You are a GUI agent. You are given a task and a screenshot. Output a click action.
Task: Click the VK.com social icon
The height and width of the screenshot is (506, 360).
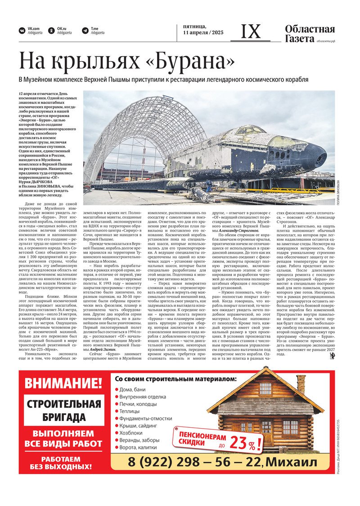coord(22,31)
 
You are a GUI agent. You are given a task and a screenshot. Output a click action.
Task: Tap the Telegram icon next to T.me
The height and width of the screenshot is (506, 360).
coord(85,31)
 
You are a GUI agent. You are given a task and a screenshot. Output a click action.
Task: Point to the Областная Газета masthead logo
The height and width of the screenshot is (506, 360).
coord(310,34)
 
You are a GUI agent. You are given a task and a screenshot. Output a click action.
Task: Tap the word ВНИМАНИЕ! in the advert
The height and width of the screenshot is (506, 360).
coord(63,384)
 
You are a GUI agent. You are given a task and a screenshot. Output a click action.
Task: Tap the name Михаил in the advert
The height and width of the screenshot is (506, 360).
coord(291,462)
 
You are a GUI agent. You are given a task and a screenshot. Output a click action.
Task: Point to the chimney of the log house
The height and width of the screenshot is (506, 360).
coord(301,383)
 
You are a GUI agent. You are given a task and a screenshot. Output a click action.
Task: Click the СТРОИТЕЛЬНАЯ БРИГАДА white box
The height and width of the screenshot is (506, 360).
coord(63,410)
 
